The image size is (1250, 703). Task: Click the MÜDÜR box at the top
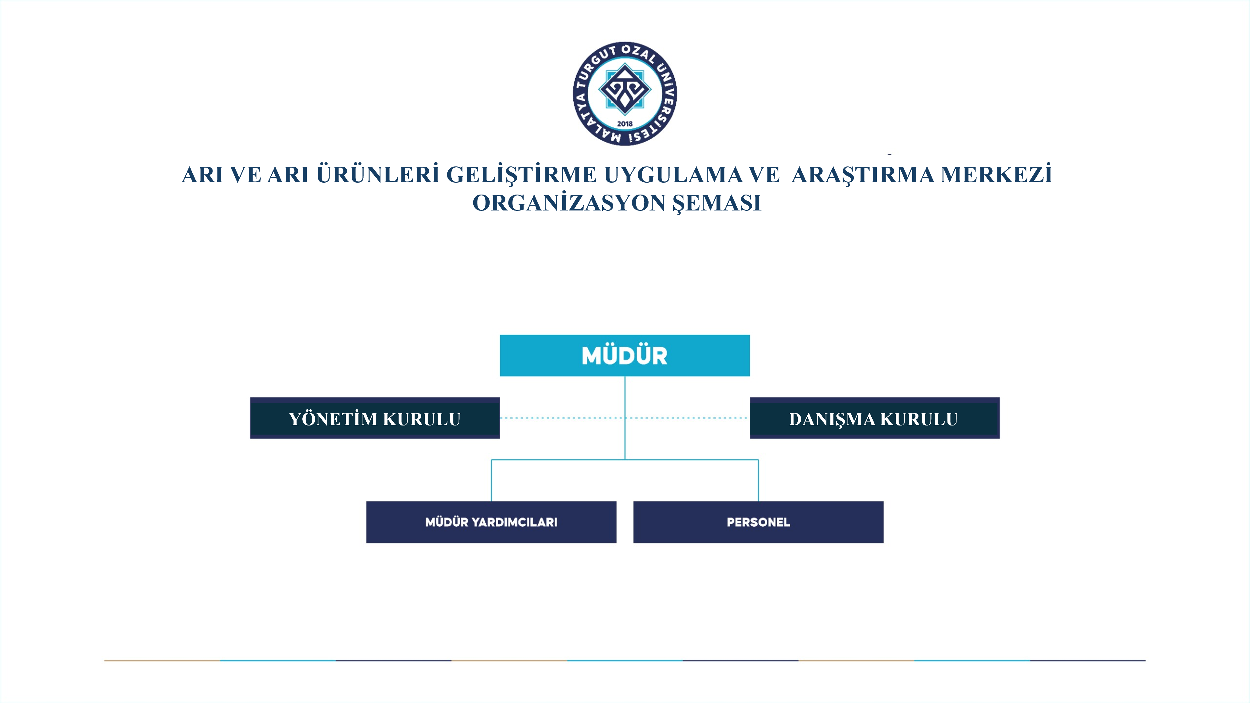point(624,355)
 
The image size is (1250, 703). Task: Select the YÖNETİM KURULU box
point(375,418)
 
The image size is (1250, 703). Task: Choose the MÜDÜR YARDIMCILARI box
point(491,522)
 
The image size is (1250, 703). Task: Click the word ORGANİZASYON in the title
point(569,203)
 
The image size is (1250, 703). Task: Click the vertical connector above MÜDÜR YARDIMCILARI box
point(491,480)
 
